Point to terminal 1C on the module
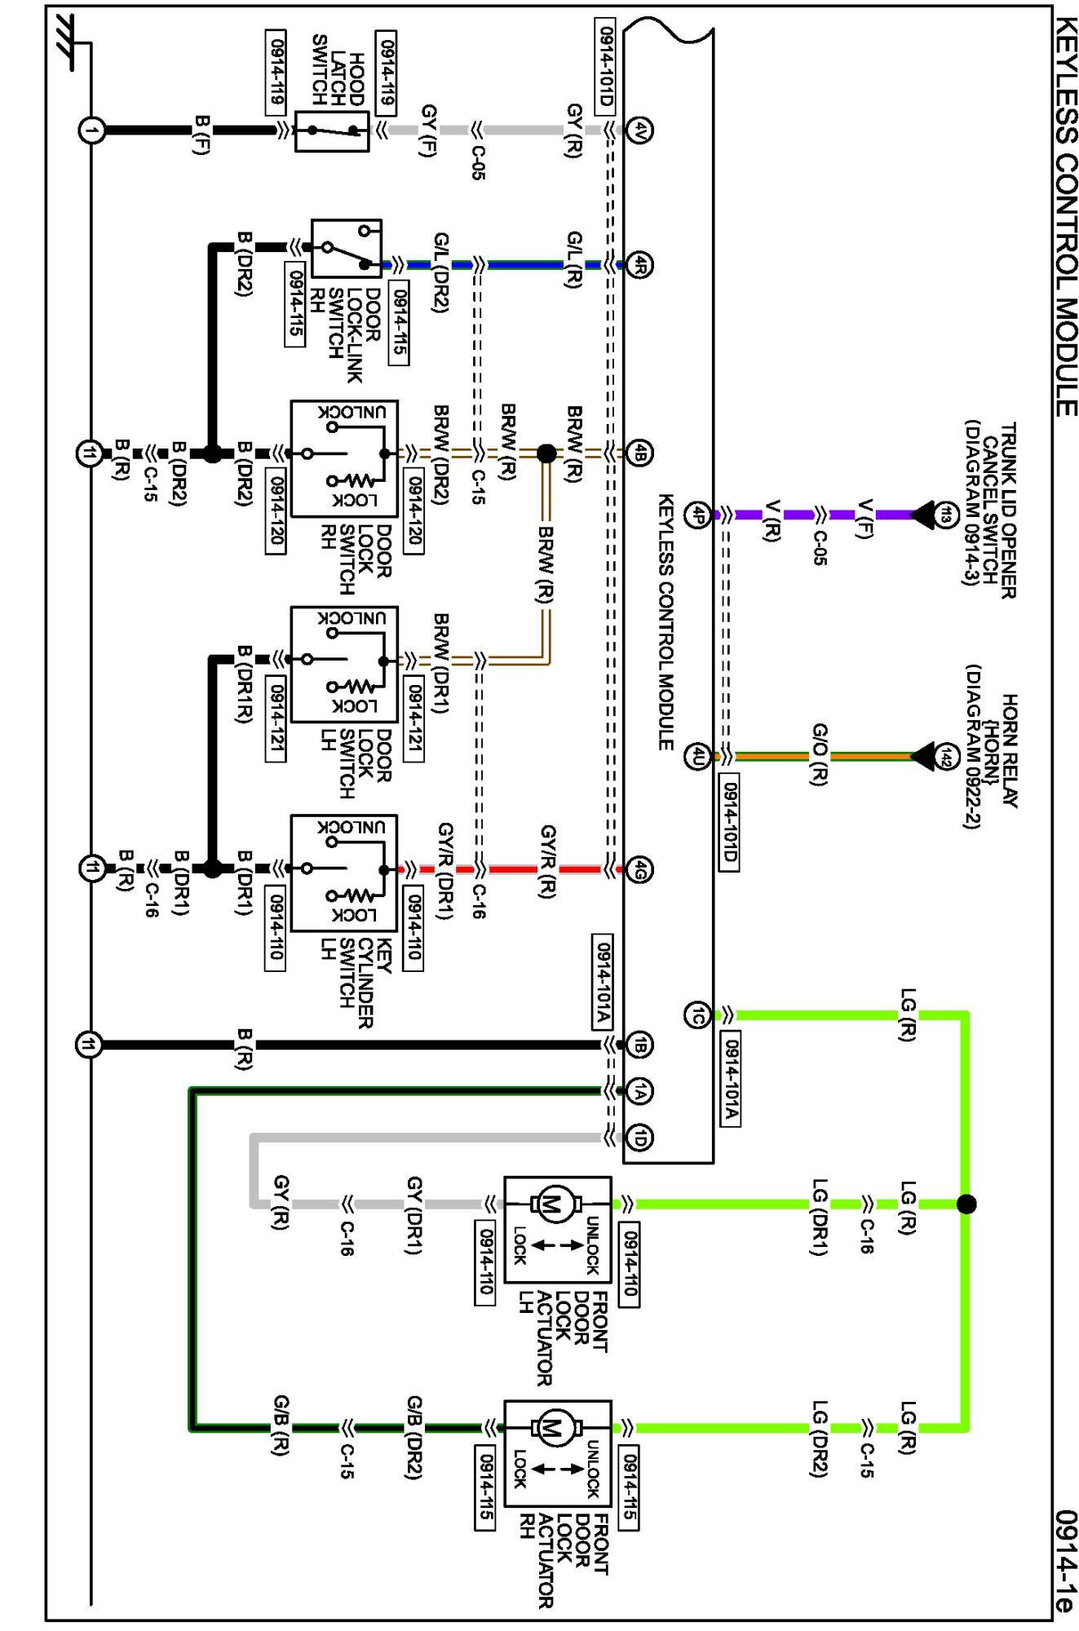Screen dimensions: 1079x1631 pyautogui.click(x=697, y=1015)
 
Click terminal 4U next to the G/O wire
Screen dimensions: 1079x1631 pyautogui.click(x=697, y=757)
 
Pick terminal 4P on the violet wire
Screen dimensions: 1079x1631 pyautogui.click(x=697, y=515)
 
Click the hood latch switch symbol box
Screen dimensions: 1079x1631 pyautogui.click(x=332, y=130)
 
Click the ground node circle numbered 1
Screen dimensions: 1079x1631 pyautogui.click(x=91, y=130)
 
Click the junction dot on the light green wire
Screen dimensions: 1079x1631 pyautogui.click(x=966, y=1204)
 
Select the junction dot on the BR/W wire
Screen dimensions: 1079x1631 pyautogui.click(x=546, y=453)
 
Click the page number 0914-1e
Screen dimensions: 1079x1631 pyautogui.click(x=1064, y=1561)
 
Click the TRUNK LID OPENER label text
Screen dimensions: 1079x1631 pyautogui.click(x=1009, y=510)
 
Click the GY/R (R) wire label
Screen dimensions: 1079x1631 pyautogui.click(x=548, y=862)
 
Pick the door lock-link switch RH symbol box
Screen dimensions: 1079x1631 pyautogui.click(x=347, y=248)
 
